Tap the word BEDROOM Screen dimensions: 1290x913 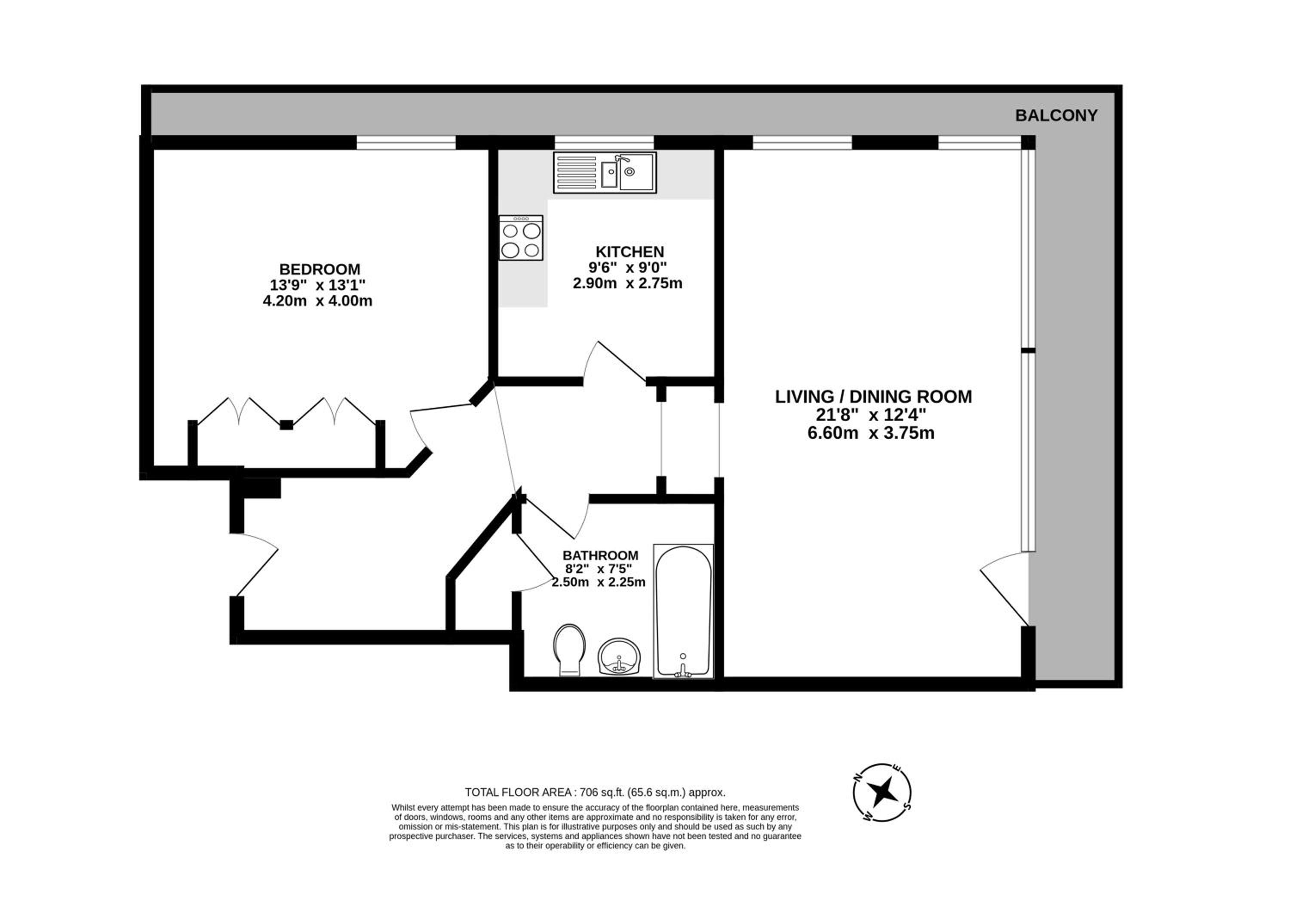[319, 269]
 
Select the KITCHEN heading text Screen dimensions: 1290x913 [630, 252]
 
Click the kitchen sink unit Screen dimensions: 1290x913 [605, 173]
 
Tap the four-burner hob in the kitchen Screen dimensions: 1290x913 [521, 238]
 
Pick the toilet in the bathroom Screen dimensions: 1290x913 [569, 650]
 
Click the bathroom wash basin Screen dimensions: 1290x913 [619, 657]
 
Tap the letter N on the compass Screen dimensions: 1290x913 [858, 777]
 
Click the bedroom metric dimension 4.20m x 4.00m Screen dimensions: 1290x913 [317, 301]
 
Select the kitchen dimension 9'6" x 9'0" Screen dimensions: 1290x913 [627, 268]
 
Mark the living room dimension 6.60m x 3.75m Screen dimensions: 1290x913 [871, 433]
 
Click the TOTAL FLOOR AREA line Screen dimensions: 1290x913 [595, 792]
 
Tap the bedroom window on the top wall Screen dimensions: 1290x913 [405, 143]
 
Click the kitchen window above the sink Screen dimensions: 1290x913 [605, 143]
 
